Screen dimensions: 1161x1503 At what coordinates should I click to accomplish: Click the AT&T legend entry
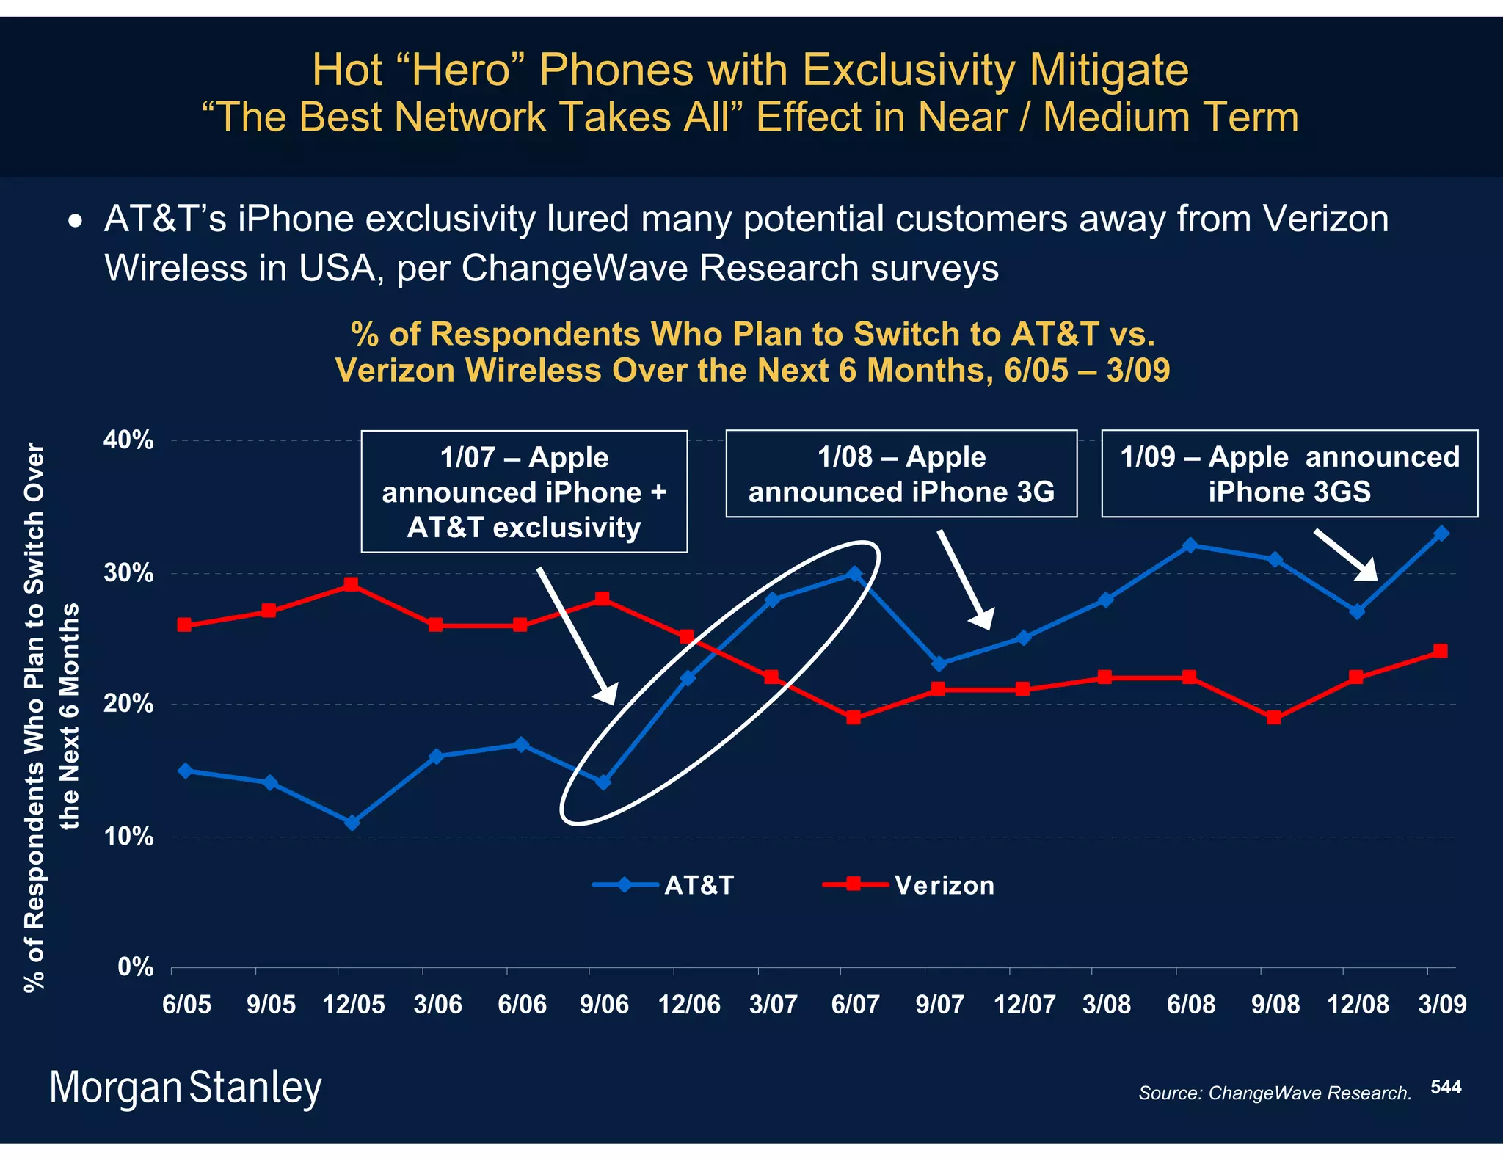(x=664, y=885)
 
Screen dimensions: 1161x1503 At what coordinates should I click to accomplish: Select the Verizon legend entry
(x=910, y=885)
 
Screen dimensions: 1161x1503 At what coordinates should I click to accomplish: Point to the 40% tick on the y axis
(x=129, y=440)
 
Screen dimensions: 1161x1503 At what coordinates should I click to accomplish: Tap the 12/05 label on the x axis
(x=354, y=1004)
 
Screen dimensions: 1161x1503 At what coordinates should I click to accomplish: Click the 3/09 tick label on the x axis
(x=1442, y=1004)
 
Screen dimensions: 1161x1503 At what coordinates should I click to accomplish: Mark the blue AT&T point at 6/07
(x=854, y=573)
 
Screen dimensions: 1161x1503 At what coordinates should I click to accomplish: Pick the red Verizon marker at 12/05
(x=352, y=584)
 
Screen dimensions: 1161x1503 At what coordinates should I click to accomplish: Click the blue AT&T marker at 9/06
(x=603, y=782)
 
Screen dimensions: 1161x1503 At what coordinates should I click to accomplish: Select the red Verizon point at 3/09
(x=1441, y=651)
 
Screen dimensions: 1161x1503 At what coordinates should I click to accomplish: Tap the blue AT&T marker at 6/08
(x=1190, y=545)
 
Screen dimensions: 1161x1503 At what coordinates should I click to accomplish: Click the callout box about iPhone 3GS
(x=1289, y=474)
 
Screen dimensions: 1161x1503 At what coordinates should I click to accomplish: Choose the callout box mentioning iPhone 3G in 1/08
(x=901, y=474)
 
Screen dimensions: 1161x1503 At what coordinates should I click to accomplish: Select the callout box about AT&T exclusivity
(x=524, y=492)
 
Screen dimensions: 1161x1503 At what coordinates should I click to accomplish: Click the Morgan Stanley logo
(x=185, y=1088)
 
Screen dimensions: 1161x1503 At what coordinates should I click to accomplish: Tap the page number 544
(x=1446, y=1087)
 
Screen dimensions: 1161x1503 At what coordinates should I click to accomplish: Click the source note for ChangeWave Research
(x=1275, y=1093)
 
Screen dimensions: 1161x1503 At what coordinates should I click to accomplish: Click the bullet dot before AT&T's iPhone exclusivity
(x=75, y=221)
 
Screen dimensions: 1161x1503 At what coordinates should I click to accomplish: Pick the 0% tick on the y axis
(x=136, y=967)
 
